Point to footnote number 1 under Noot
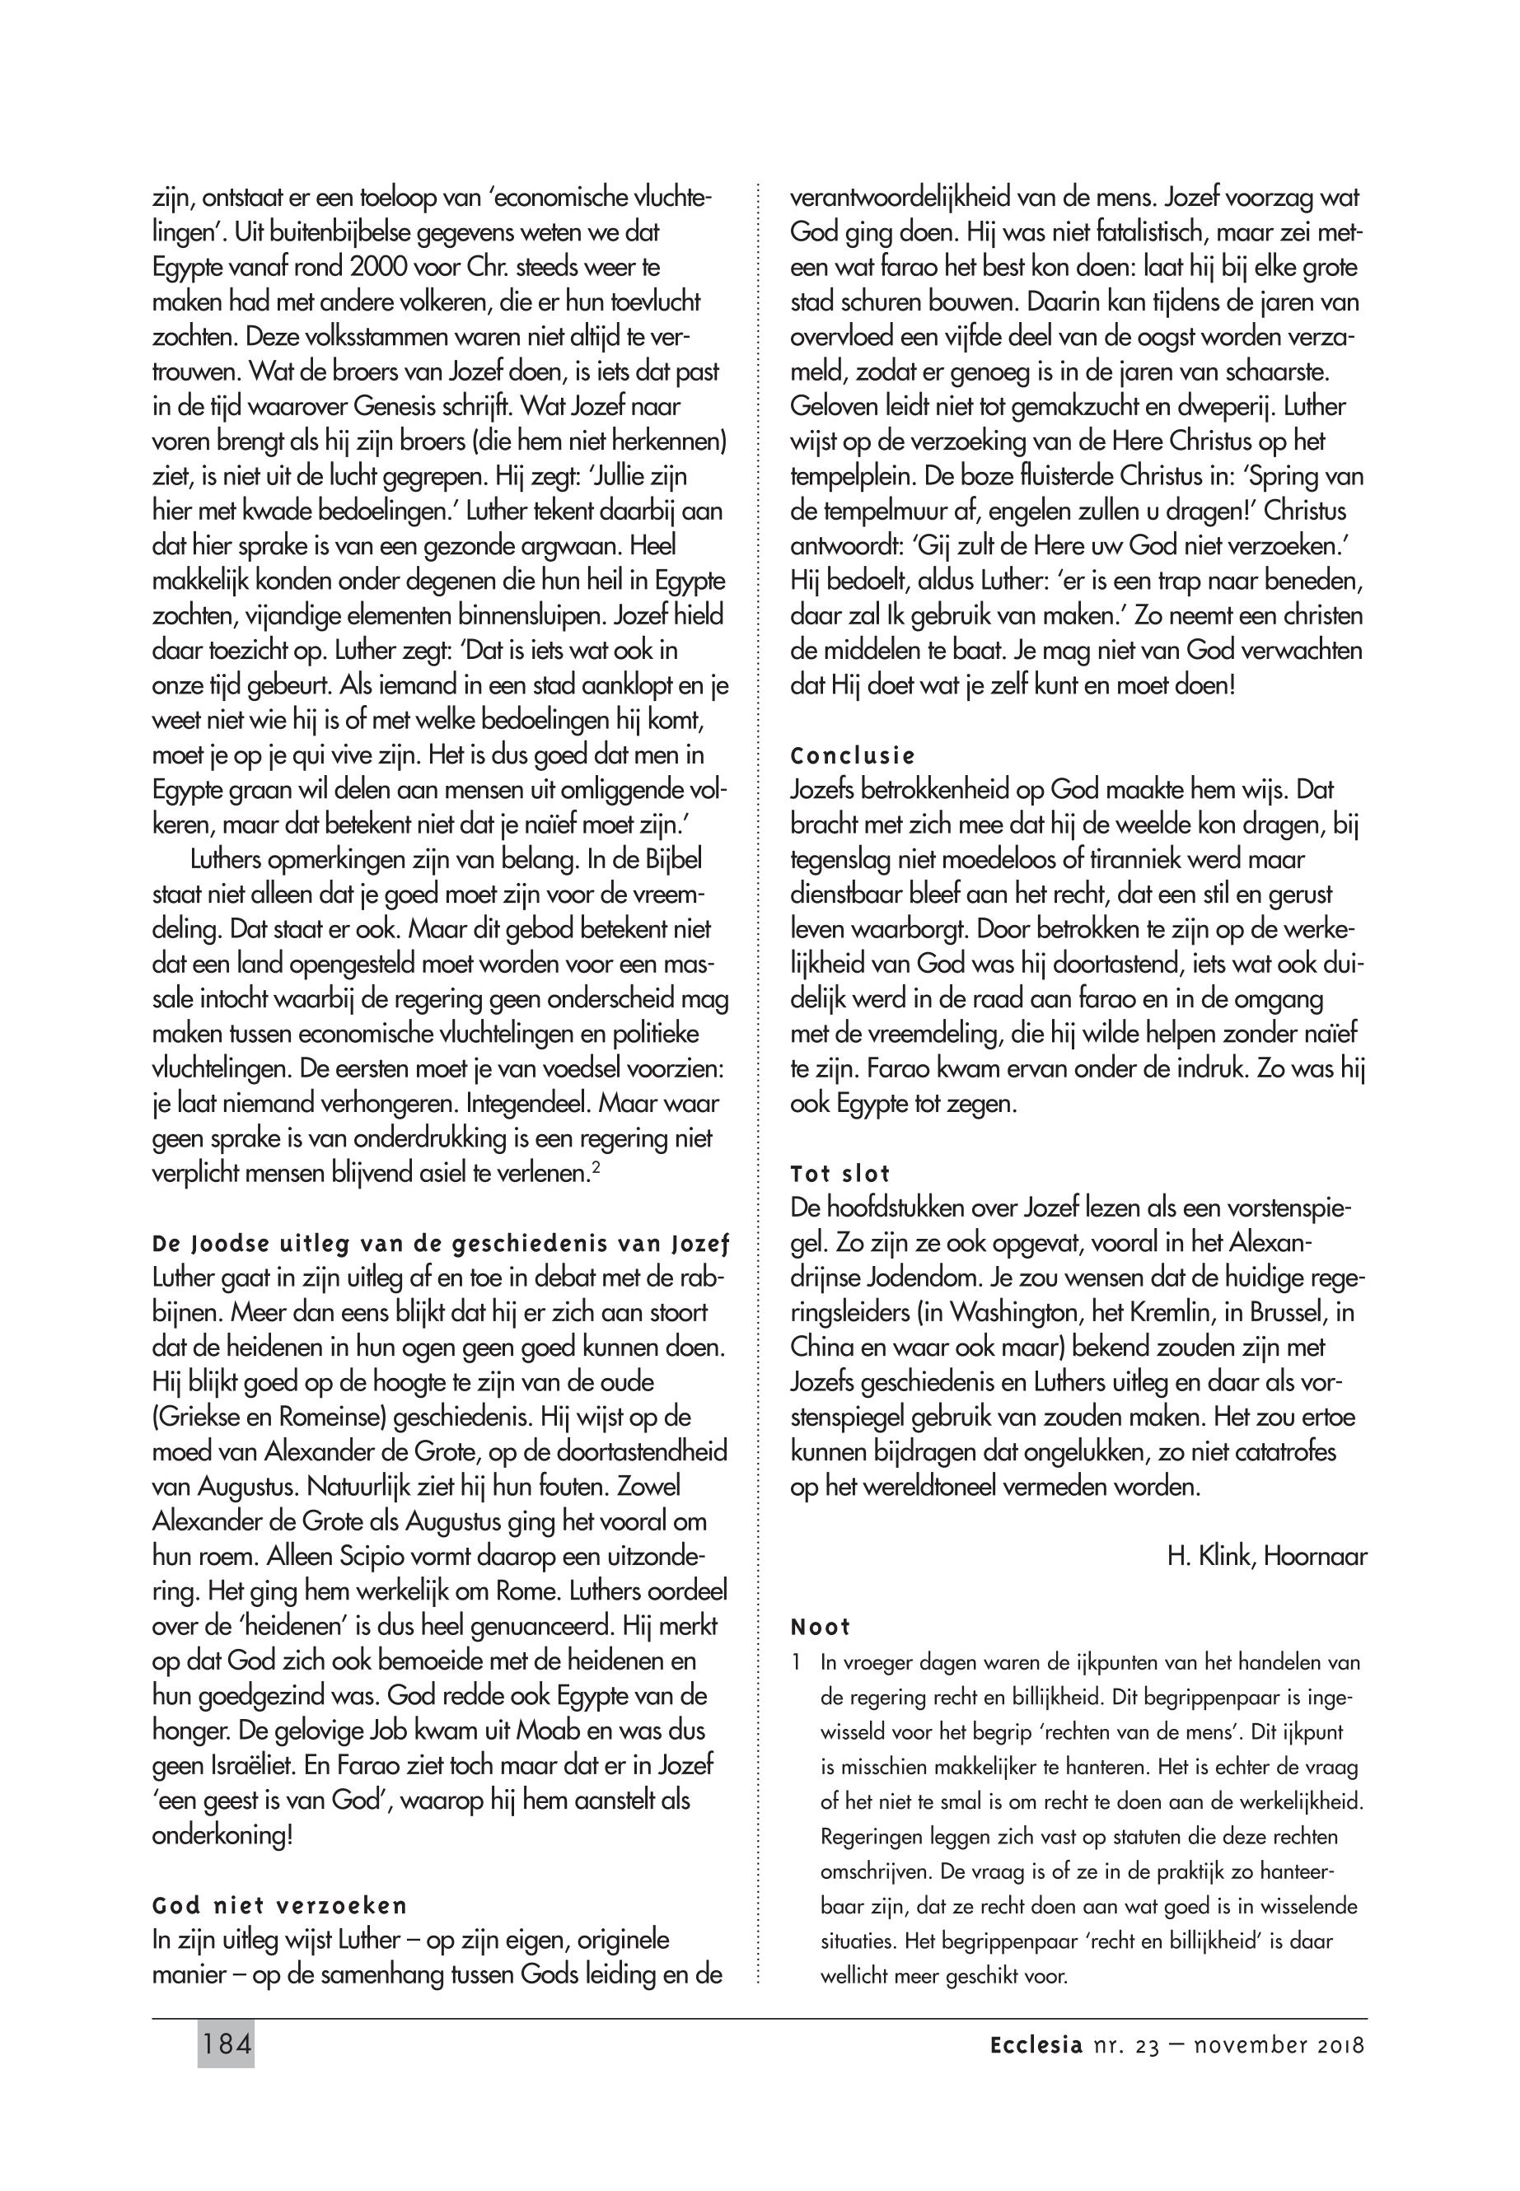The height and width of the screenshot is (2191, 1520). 795,1664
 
